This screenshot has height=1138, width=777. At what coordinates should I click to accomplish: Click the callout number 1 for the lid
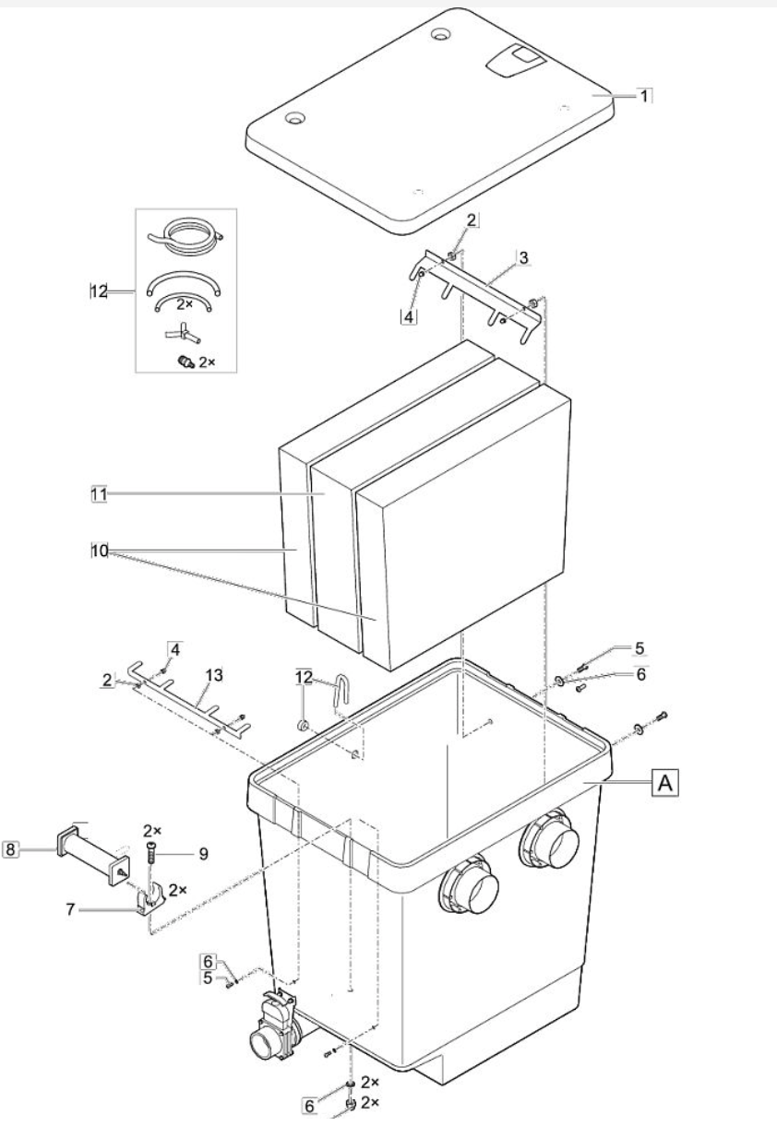644,96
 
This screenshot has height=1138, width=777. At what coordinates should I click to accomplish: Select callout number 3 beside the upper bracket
523,257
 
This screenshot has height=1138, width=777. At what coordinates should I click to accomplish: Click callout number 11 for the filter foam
99,493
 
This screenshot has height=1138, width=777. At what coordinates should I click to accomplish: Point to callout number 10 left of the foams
100,551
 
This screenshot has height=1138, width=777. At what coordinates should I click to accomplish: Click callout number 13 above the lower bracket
215,675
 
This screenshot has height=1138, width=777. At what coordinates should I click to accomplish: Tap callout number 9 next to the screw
203,854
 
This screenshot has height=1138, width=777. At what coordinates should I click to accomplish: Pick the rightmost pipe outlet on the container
550,846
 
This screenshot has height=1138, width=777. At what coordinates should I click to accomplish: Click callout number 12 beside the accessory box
99,291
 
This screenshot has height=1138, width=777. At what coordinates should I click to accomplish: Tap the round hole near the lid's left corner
294,118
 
